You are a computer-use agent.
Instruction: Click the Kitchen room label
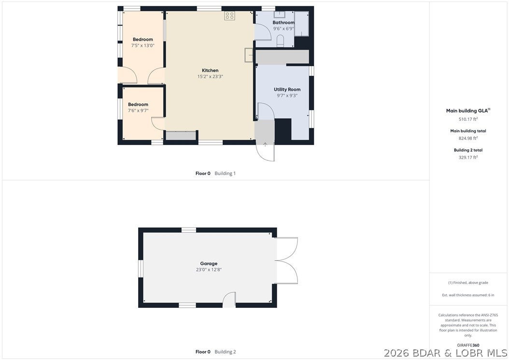(x=210, y=70)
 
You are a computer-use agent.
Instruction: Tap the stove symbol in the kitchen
(x=229, y=16)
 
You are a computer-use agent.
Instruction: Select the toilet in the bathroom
(x=280, y=41)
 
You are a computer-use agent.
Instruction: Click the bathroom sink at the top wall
(x=279, y=14)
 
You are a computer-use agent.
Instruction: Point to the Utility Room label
(x=287, y=89)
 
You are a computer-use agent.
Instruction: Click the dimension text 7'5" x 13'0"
(x=143, y=45)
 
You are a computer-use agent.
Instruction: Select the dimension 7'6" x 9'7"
(x=138, y=111)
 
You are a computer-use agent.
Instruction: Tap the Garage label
(x=209, y=263)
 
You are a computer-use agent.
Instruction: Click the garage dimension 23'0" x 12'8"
(x=209, y=270)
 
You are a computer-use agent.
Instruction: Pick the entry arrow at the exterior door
(x=265, y=144)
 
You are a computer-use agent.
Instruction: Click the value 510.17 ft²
(x=468, y=119)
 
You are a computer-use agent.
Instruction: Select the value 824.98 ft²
(x=468, y=138)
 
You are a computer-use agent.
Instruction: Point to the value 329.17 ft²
(x=468, y=157)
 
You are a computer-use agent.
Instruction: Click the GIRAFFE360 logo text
(x=468, y=345)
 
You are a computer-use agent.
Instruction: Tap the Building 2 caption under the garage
(x=226, y=352)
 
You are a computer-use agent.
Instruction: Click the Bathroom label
(x=283, y=22)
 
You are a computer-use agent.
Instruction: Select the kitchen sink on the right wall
(x=249, y=55)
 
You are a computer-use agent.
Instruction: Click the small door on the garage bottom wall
(x=229, y=300)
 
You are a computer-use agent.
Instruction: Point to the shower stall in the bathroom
(x=301, y=24)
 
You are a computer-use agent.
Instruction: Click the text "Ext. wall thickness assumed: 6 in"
(x=468, y=295)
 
